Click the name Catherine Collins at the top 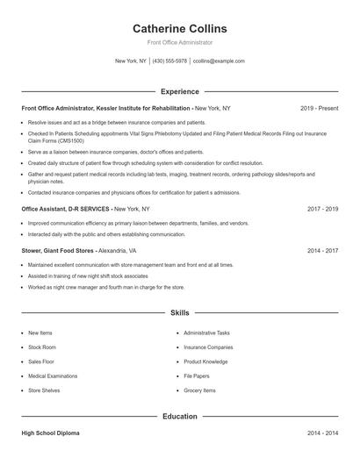(179, 28)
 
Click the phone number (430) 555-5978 (169, 61)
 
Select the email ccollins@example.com (219, 61)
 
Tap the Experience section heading (179, 91)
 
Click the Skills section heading (179, 312)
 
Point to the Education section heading (179, 416)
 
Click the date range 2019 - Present (319, 108)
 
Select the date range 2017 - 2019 (322, 210)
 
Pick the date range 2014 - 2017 (322, 250)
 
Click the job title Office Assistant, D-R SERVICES (67, 210)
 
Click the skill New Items (40, 333)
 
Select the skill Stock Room (41, 347)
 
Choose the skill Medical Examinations (53, 376)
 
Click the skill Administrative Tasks (207, 333)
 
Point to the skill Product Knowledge (205, 361)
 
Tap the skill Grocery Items (199, 390)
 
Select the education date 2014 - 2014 (322, 434)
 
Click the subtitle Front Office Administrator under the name (179, 42)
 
